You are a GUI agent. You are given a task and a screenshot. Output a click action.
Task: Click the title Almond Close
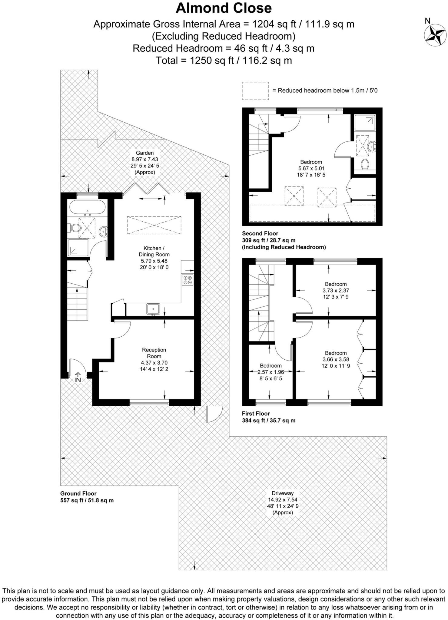(x=224, y=8)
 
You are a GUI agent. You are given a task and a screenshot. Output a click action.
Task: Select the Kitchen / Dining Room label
(x=154, y=251)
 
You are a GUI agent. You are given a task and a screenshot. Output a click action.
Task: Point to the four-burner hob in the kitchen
(x=187, y=280)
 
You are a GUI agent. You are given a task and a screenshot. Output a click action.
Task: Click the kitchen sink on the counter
(x=153, y=309)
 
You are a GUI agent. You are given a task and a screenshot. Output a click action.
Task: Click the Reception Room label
(x=154, y=353)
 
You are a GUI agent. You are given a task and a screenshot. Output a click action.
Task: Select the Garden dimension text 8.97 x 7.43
(x=144, y=159)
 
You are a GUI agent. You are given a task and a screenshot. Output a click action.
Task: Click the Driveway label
(x=280, y=493)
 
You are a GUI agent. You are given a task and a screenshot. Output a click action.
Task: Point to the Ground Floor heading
(x=78, y=493)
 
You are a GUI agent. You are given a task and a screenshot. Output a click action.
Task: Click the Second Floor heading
(x=260, y=233)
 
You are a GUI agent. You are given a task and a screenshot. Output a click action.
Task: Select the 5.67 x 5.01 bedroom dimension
(x=311, y=168)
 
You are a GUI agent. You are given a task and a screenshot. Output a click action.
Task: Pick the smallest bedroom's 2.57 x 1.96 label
(x=270, y=372)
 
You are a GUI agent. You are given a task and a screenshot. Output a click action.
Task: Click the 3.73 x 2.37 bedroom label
(x=336, y=290)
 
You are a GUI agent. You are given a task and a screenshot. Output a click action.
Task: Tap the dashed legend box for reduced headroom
(x=255, y=91)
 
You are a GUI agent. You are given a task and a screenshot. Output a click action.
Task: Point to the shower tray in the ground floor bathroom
(x=78, y=248)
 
